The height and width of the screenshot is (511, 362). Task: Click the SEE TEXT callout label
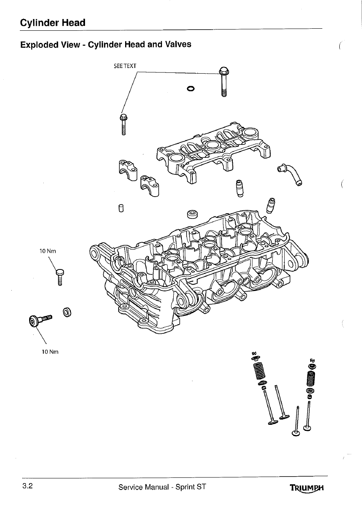126,66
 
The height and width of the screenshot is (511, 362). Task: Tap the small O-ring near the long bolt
191,88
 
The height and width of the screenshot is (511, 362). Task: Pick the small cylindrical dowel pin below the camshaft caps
120,208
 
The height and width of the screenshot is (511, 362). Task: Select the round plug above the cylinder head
192,214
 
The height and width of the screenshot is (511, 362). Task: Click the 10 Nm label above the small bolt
47,251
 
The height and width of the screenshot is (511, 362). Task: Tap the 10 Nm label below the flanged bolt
51,351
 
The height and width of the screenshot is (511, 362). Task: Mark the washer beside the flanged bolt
67,312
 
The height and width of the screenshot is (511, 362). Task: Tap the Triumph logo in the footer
308,488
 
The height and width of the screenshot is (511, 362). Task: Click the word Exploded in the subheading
39,44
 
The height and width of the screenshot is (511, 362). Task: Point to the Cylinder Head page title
53,23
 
